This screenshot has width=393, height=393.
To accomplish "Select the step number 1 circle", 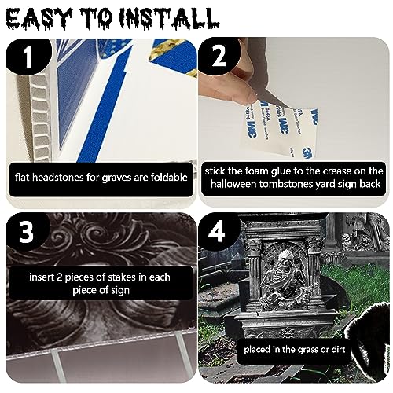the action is click(28, 57).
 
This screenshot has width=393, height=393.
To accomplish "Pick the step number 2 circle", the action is click(219, 56).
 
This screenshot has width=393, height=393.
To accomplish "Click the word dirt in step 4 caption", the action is click(339, 349).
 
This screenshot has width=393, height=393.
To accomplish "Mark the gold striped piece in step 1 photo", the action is click(167, 50).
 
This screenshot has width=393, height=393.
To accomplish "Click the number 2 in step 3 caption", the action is click(60, 277).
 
